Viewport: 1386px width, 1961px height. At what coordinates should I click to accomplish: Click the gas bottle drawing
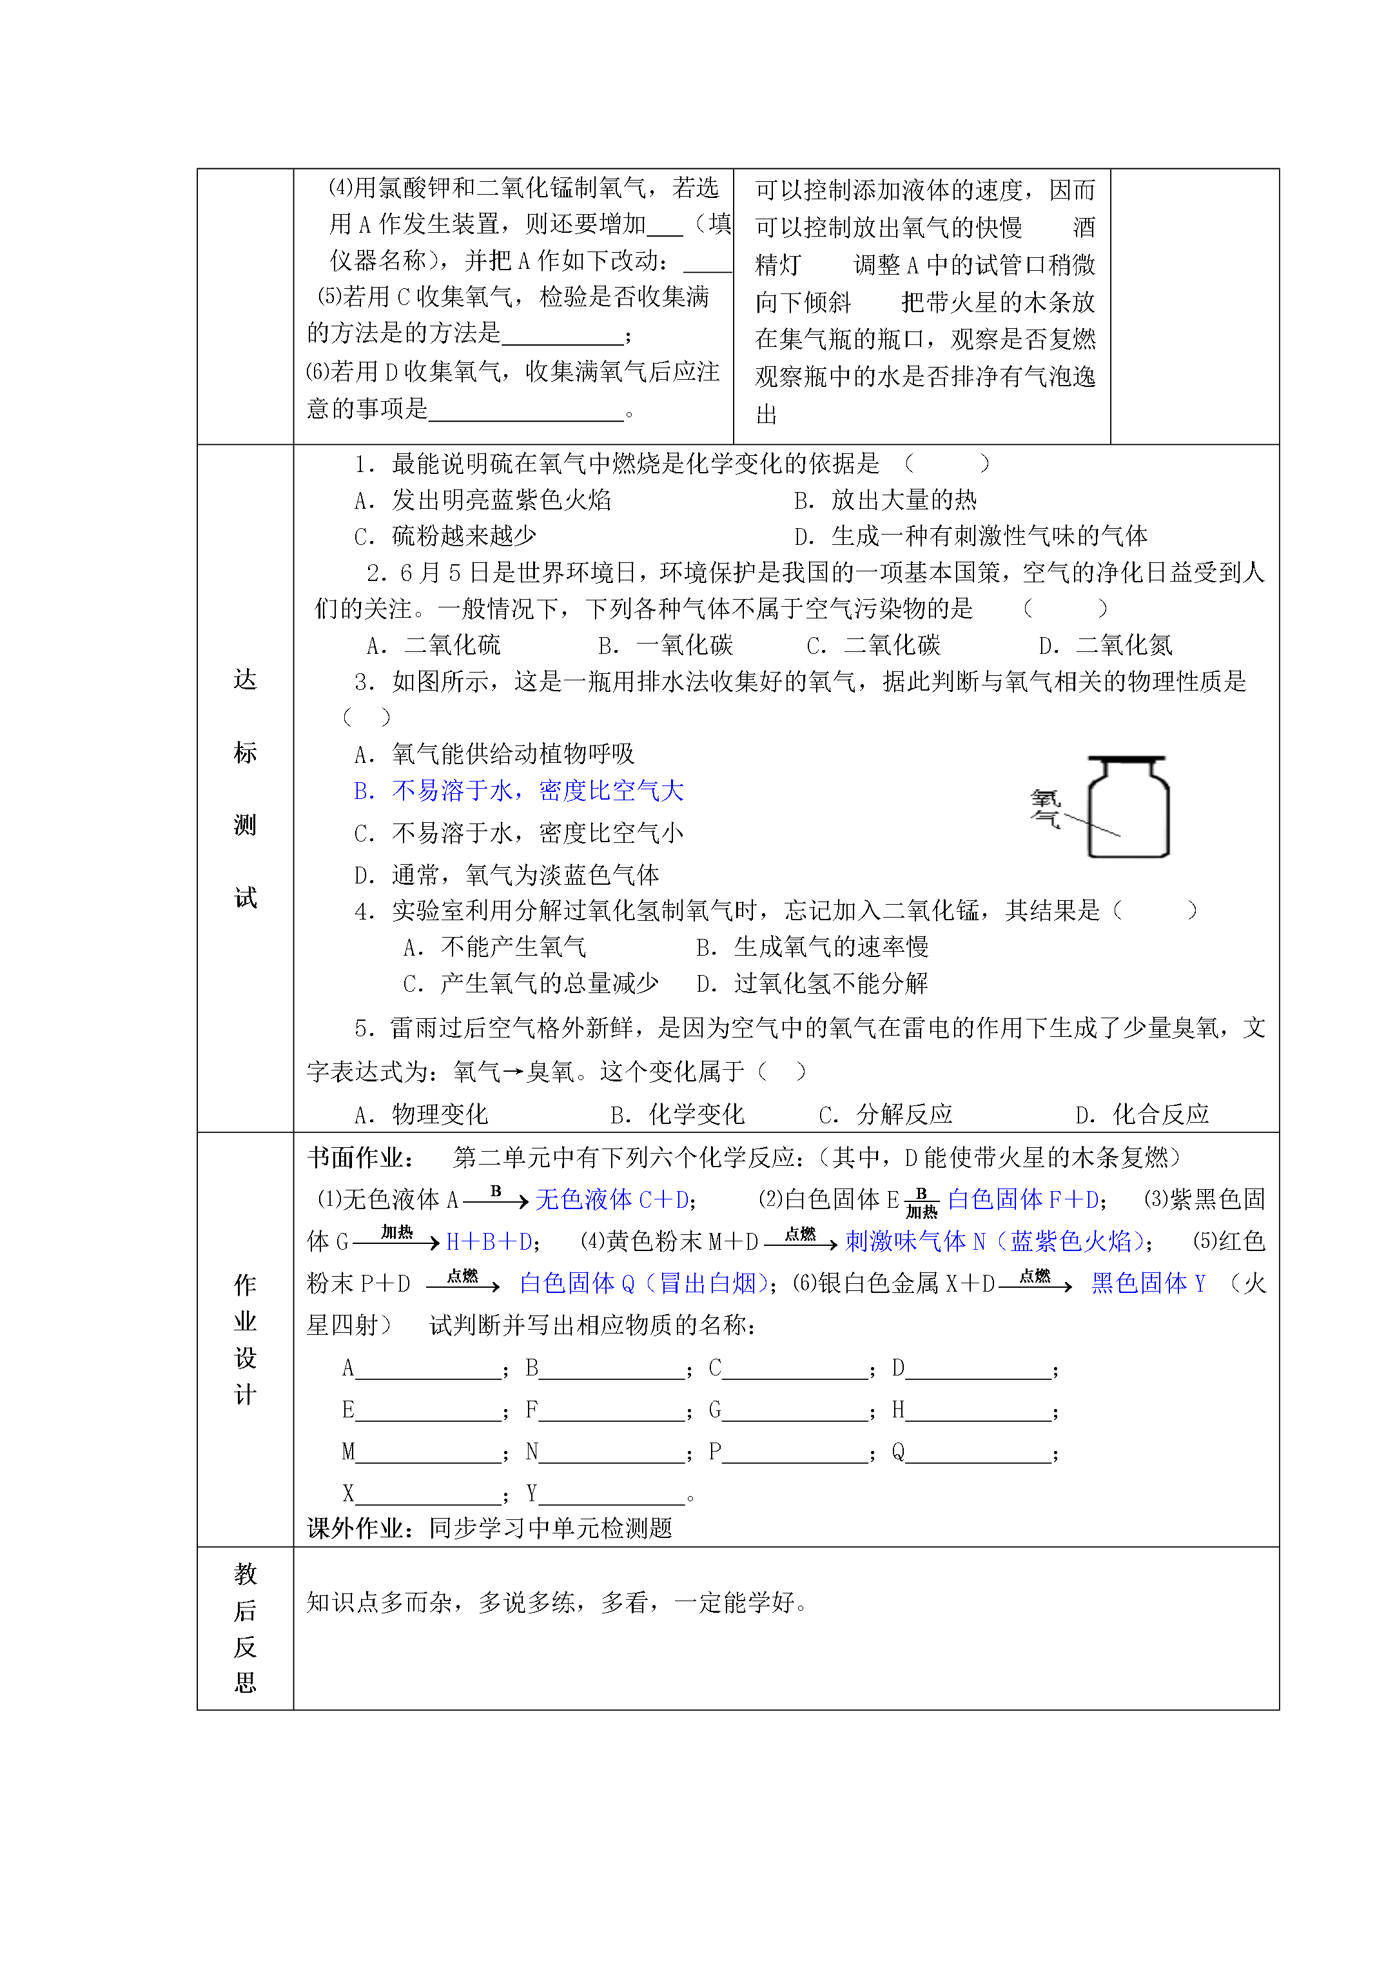click(x=1127, y=807)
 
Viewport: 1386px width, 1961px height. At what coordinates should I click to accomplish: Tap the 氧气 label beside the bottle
click(x=1045, y=808)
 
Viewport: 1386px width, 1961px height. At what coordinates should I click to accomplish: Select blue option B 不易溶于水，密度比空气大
click(x=518, y=791)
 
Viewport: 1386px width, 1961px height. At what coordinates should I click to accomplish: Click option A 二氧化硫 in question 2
click(x=434, y=645)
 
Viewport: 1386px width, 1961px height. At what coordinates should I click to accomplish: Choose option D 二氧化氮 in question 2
click(x=1106, y=645)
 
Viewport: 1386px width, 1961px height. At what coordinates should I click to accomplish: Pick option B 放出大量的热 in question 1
click(x=886, y=500)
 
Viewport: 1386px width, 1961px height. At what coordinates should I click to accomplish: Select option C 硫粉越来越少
click(x=445, y=537)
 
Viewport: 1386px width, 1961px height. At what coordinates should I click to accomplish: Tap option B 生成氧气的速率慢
click(x=812, y=947)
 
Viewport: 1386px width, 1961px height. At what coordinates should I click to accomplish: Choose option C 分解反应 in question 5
click(x=886, y=1114)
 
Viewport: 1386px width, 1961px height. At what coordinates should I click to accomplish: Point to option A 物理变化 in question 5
click(x=421, y=1114)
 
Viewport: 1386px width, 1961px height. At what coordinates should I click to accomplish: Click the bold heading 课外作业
click(x=366, y=1527)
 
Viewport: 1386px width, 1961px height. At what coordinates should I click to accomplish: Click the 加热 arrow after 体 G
click(x=397, y=1238)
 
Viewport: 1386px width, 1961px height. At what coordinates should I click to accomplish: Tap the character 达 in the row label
click(x=245, y=680)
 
